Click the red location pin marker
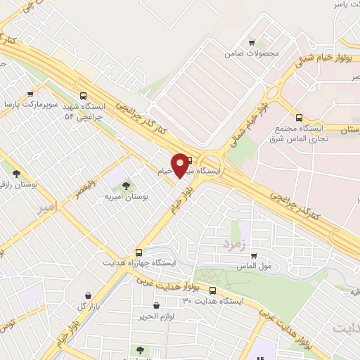pos(181,165)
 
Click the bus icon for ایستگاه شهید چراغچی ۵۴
pos(84,96)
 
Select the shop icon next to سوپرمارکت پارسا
pos(30,94)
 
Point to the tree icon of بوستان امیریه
pos(126,186)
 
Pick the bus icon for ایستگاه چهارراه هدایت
pos(139,251)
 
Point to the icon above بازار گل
pos(87,295)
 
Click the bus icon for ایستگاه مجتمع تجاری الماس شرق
pos(300,118)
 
